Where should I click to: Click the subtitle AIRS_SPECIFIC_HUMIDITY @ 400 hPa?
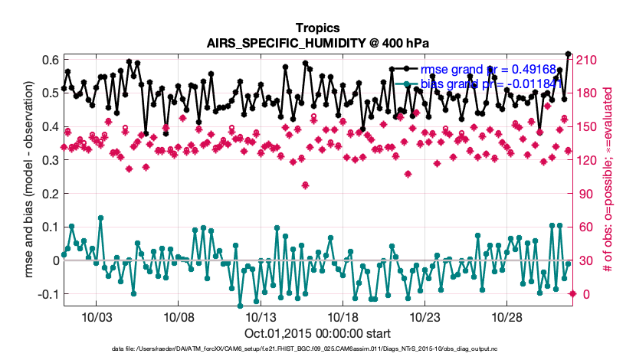[x=317, y=43]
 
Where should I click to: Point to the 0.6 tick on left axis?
[x=50, y=61]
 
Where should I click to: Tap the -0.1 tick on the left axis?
[x=48, y=294]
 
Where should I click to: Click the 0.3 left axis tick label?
[x=50, y=160]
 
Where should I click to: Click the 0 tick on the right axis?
[x=582, y=294]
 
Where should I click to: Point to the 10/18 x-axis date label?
[x=343, y=316]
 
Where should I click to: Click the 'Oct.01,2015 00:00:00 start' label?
[x=317, y=333]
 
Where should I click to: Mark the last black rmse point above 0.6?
[x=568, y=54]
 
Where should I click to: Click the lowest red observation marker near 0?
[x=572, y=294]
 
